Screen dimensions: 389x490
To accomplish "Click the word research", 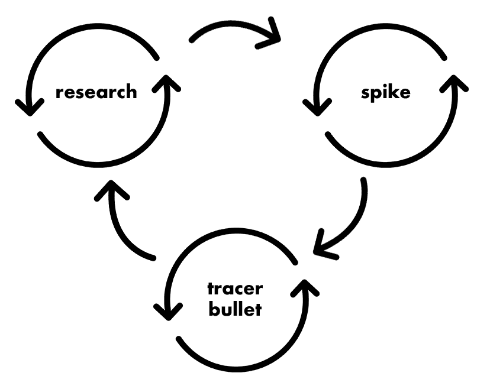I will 96,92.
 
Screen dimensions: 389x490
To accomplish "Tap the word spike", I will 385,93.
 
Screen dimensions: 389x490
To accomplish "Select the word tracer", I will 235,290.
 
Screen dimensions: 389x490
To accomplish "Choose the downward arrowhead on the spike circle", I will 315,106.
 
